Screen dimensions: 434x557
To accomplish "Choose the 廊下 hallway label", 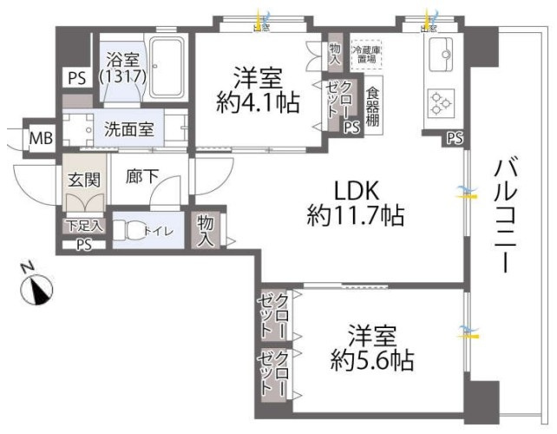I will [141, 176].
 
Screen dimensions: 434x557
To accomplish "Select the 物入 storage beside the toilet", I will [206, 230].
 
